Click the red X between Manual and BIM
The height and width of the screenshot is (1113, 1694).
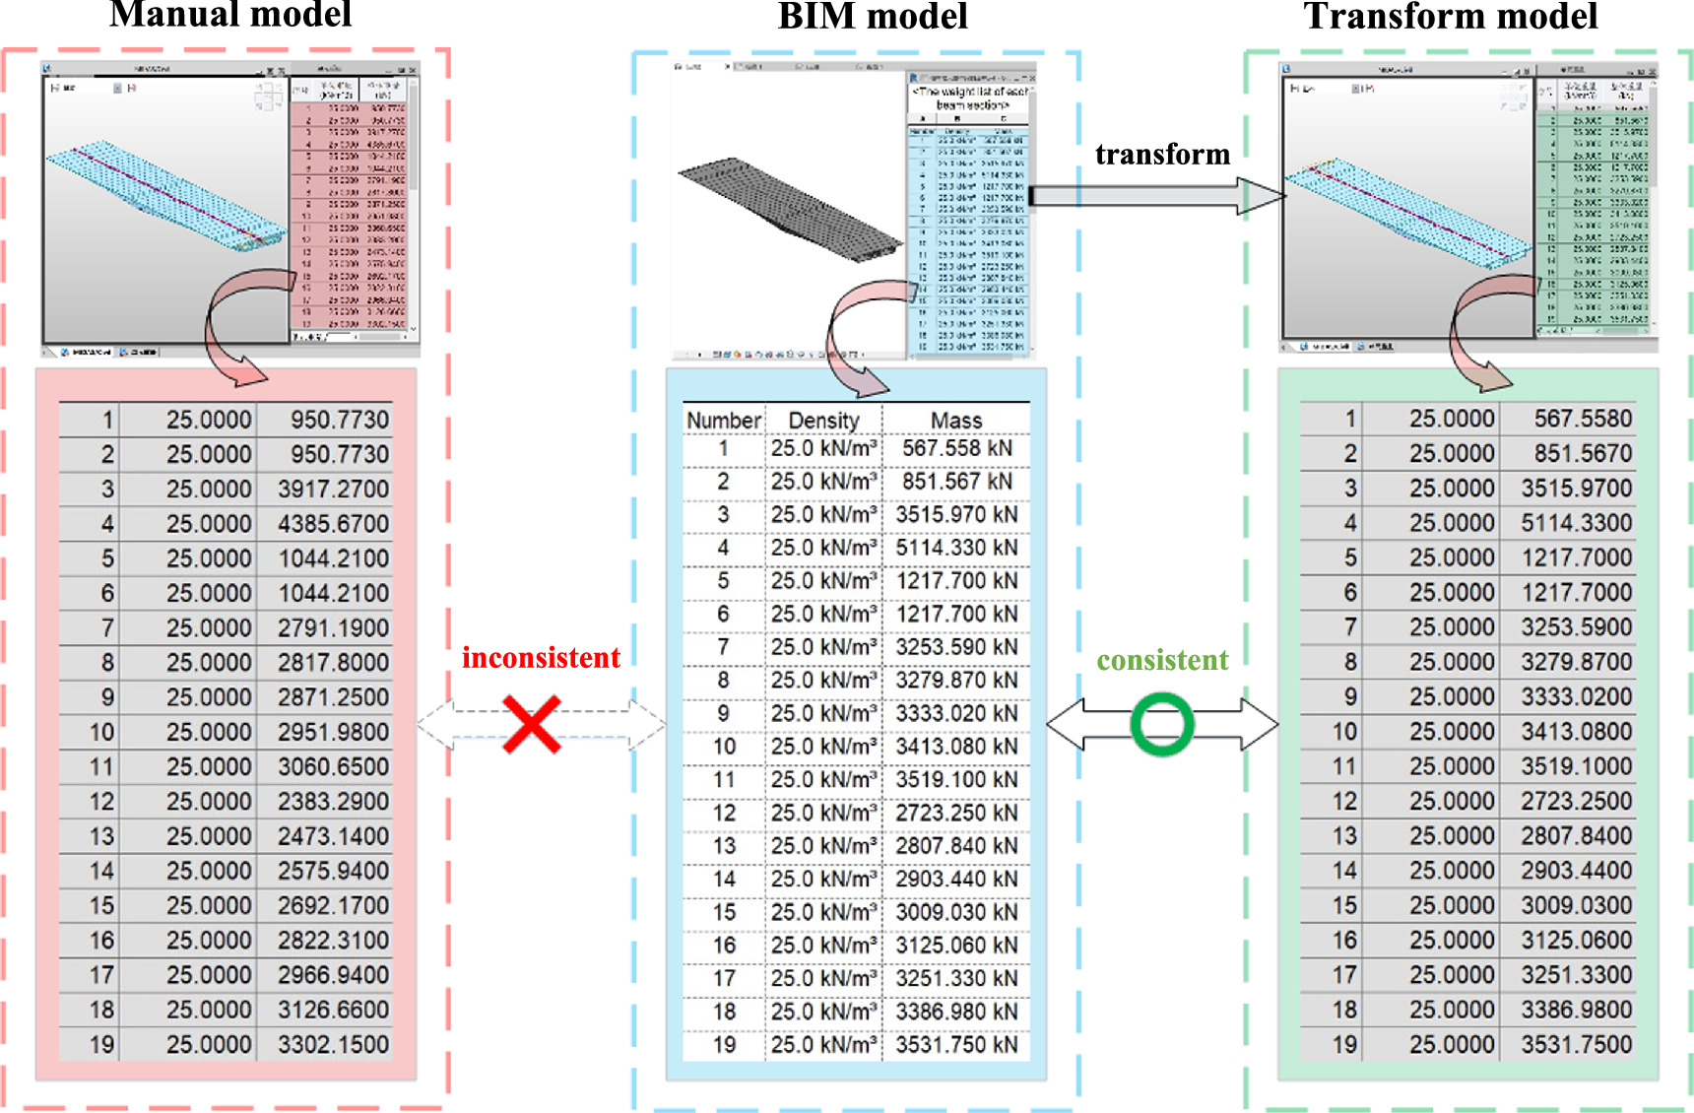[x=532, y=725]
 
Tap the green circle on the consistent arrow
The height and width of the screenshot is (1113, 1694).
[x=1162, y=725]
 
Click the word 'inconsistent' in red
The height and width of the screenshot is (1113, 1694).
[x=541, y=658]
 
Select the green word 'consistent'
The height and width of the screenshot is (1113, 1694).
[x=1162, y=660]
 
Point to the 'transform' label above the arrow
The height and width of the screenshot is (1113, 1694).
[x=1162, y=155]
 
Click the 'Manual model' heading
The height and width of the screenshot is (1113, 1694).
[x=230, y=14]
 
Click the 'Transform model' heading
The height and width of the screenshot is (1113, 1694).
[x=1450, y=16]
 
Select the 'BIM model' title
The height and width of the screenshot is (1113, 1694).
[x=873, y=16]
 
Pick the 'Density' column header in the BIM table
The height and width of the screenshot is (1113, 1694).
[x=823, y=421]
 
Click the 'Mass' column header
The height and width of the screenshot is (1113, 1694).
[x=956, y=421]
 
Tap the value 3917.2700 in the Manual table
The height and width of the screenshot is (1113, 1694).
[x=333, y=490]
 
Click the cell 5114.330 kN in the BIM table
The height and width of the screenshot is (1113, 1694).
[x=956, y=548]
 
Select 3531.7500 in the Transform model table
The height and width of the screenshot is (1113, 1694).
[x=1576, y=1044]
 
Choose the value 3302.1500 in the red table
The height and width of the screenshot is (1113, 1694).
[x=333, y=1044]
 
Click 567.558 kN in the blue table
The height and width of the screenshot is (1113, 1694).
[x=956, y=448]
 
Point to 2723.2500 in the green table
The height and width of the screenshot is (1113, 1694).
[x=1576, y=801]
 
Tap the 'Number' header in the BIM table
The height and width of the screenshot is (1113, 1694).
[x=724, y=421]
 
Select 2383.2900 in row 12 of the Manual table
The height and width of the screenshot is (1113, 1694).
[x=333, y=802]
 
